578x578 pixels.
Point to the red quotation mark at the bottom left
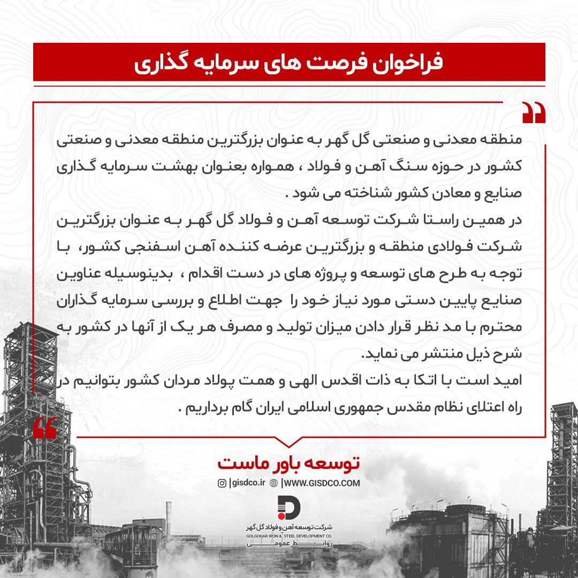tap(44, 427)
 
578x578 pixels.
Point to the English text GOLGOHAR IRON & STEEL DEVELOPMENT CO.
tap(289, 535)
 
